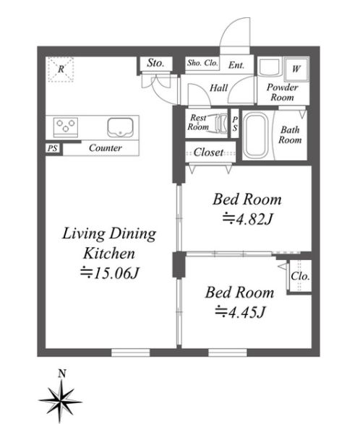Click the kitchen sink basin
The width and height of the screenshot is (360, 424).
tap(120, 127)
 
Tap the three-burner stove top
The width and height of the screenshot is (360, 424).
tap(66, 127)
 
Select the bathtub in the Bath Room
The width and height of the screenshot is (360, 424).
tap(255, 135)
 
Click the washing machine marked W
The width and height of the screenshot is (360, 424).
tap(296, 69)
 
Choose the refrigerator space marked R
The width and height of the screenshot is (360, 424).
tap(61, 69)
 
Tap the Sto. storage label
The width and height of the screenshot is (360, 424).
tap(155, 63)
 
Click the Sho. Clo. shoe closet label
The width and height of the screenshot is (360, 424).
tap(202, 63)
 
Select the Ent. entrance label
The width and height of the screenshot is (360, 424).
tap(236, 65)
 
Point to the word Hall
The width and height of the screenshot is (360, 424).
tap(219, 88)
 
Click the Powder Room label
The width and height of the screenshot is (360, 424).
tap(283, 92)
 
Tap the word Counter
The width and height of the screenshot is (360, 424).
tap(106, 148)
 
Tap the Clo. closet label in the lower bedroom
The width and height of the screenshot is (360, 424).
tap(300, 277)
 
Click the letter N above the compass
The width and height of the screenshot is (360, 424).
tap(62, 373)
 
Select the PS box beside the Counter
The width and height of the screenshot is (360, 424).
tap(53, 148)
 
